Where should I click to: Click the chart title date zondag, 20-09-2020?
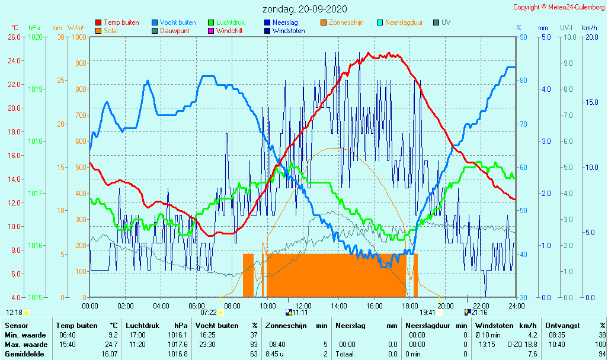tap(305, 9)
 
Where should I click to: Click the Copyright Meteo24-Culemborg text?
tap(559, 7)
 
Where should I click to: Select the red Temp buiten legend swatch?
tap(98, 23)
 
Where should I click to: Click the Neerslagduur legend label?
tap(404, 22)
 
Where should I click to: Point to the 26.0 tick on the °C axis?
tap(15, 37)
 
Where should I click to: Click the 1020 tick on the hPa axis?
tap(35, 37)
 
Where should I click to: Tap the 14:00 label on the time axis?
tap(339, 306)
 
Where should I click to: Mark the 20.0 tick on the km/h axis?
tap(590, 37)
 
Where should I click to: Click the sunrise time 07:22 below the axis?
tap(209, 313)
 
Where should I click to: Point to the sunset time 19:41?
tap(427, 313)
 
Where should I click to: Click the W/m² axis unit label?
tap(75, 28)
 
